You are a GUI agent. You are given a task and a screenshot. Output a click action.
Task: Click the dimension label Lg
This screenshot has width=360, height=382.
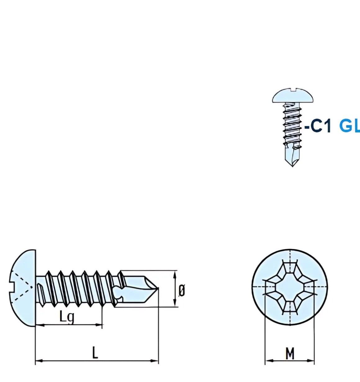tap(67, 317)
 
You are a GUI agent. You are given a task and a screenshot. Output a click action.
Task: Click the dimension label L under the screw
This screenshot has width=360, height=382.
tap(95, 353)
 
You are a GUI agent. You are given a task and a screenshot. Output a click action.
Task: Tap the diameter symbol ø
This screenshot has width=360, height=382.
tap(182, 291)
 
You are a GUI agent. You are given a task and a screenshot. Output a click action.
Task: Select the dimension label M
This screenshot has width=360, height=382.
tap(290, 353)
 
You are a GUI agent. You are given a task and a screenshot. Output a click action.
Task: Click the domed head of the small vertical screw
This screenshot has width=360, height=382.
tap(292, 96)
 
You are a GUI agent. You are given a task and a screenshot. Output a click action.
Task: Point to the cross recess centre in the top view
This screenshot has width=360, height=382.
tap(290, 287)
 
